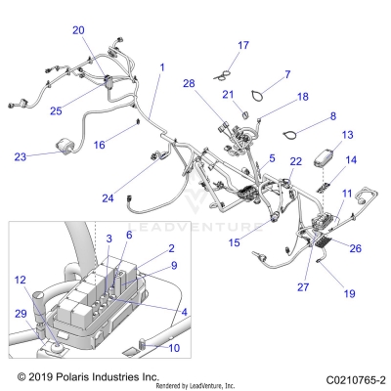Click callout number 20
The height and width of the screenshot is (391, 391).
tap(78, 30)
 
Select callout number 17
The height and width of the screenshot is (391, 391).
tap(243, 45)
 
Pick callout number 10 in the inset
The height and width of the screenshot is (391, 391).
tap(175, 347)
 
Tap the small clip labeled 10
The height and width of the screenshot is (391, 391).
tap(147, 344)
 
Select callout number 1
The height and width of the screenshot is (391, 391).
tap(161, 67)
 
